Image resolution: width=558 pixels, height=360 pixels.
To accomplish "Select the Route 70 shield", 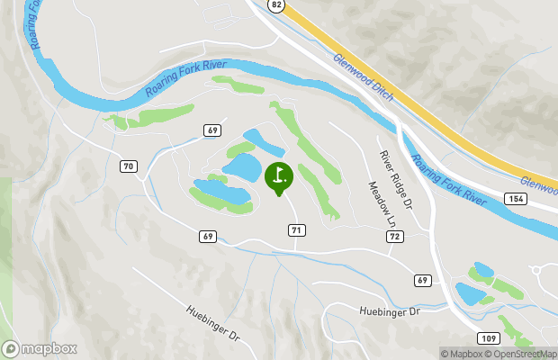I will (x=128, y=166).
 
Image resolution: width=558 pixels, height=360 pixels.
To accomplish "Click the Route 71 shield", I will (x=295, y=230).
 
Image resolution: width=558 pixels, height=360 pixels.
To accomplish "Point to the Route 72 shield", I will (x=394, y=236).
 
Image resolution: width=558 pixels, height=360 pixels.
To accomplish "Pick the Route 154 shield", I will (x=515, y=197).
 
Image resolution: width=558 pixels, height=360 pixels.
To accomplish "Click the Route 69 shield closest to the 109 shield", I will (x=422, y=281).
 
